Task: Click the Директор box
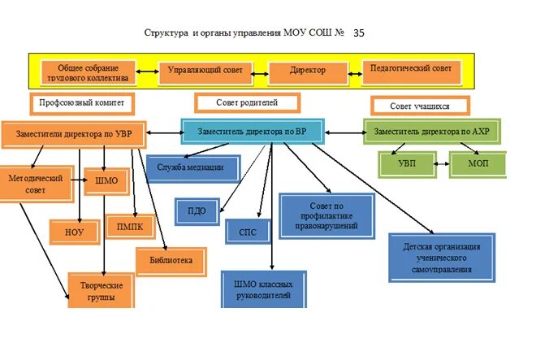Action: click(308, 71)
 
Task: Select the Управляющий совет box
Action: click(205, 71)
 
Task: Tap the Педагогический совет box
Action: click(411, 69)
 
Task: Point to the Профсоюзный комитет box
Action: click(81, 104)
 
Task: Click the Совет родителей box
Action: click(247, 103)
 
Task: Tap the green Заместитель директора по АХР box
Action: click(432, 130)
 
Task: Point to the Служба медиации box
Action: click(195, 168)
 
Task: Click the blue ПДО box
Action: click(197, 211)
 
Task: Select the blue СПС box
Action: click(248, 232)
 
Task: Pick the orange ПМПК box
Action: click(130, 227)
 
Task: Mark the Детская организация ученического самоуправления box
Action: click(441, 257)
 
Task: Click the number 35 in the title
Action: click(360, 33)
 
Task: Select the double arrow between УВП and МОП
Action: click(439, 163)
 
